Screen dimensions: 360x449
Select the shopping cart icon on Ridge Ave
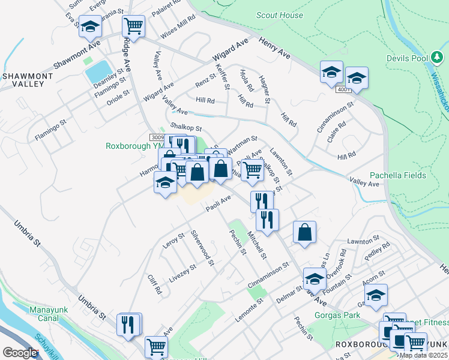(x=133, y=26)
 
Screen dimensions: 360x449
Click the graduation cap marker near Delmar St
(x=314, y=278)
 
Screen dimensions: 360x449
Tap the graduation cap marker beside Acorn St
(x=376, y=295)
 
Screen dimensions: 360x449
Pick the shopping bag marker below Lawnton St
(x=305, y=232)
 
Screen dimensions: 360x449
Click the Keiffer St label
(x=223, y=77)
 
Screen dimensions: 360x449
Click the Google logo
(x=20, y=353)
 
